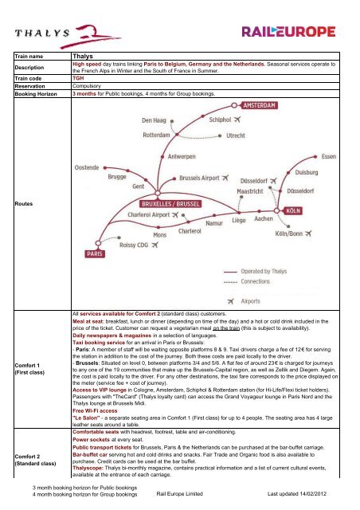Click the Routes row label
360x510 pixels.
[23, 204]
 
